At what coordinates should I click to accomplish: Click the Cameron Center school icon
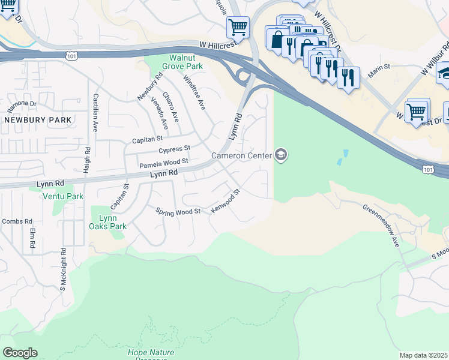pyautogui.click(x=280, y=156)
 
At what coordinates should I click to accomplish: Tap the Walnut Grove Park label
pyautogui.click(x=185, y=62)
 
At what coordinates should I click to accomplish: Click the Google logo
pyautogui.click(x=20, y=353)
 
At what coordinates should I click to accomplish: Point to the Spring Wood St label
pyautogui.click(x=178, y=212)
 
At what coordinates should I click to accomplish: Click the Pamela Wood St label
pyautogui.click(x=164, y=163)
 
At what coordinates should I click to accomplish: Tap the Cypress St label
pyautogui.click(x=174, y=149)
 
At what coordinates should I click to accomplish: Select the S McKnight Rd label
pyautogui.click(x=62, y=268)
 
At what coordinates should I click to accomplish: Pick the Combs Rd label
pyautogui.click(x=12, y=221)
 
